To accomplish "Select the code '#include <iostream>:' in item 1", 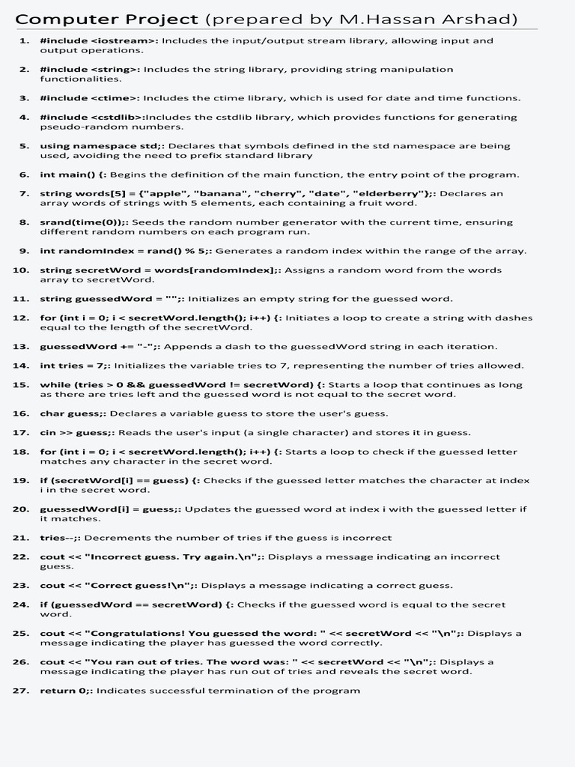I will [x=99, y=41].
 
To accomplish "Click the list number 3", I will [x=24, y=98].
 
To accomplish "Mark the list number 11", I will [x=21, y=299].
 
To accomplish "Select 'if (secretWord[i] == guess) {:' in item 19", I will [x=120, y=481].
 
